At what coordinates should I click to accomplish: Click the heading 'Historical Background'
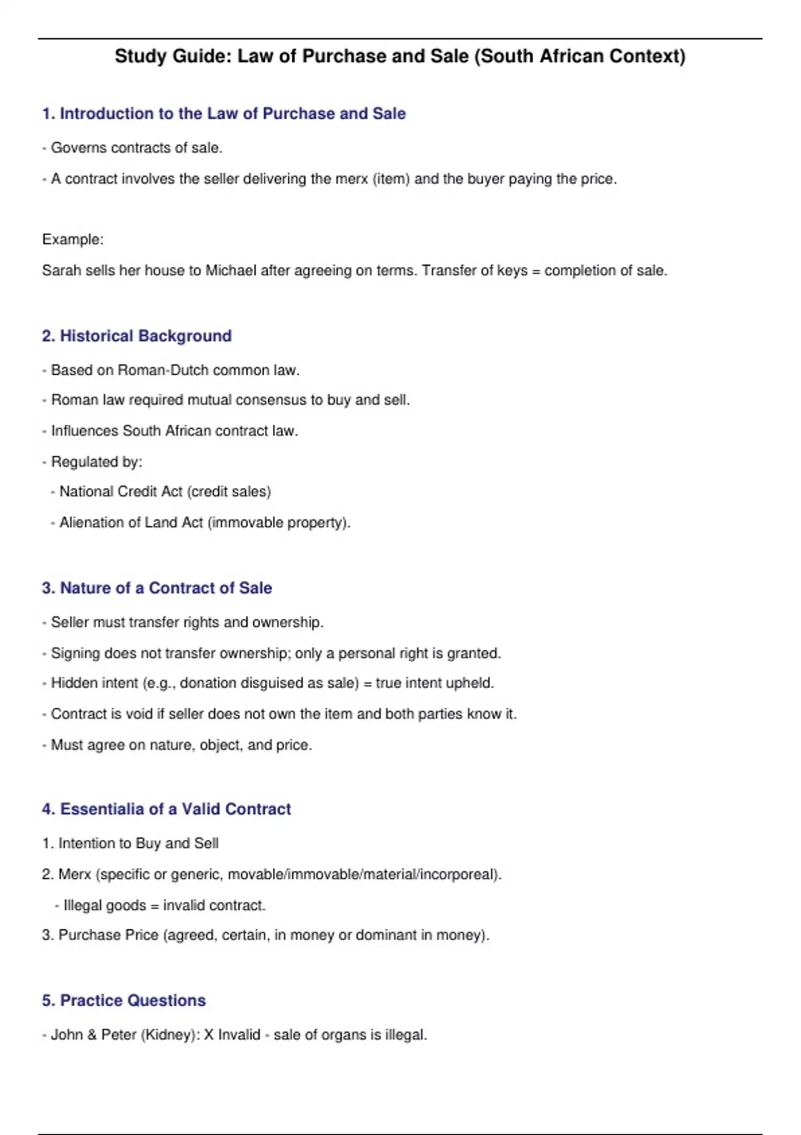146,336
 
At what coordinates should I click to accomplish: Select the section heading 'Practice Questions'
133,1000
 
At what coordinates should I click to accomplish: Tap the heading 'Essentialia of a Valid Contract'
176,809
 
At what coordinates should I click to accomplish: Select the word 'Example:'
73,240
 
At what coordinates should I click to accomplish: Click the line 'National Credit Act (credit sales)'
165,492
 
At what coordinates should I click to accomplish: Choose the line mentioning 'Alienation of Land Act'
204,523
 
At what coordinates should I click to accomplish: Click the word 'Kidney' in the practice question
167,1035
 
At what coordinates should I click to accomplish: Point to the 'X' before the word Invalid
209,1035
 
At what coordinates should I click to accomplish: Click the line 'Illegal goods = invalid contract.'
164,905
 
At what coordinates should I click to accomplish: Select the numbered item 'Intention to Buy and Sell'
138,843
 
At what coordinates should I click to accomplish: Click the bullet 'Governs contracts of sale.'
136,148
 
